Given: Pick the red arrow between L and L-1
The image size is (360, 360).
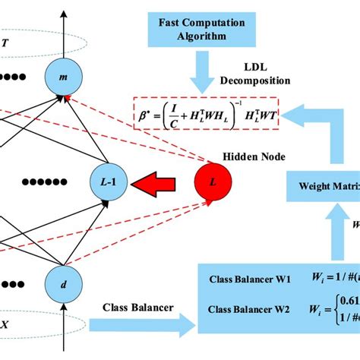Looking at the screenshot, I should click(x=158, y=182).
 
